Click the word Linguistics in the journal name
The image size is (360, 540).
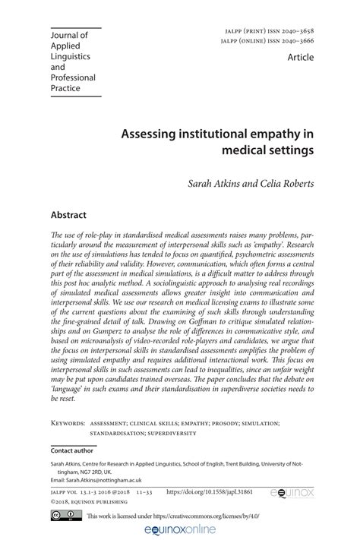coord(71,56)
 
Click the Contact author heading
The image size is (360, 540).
coord(72,450)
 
